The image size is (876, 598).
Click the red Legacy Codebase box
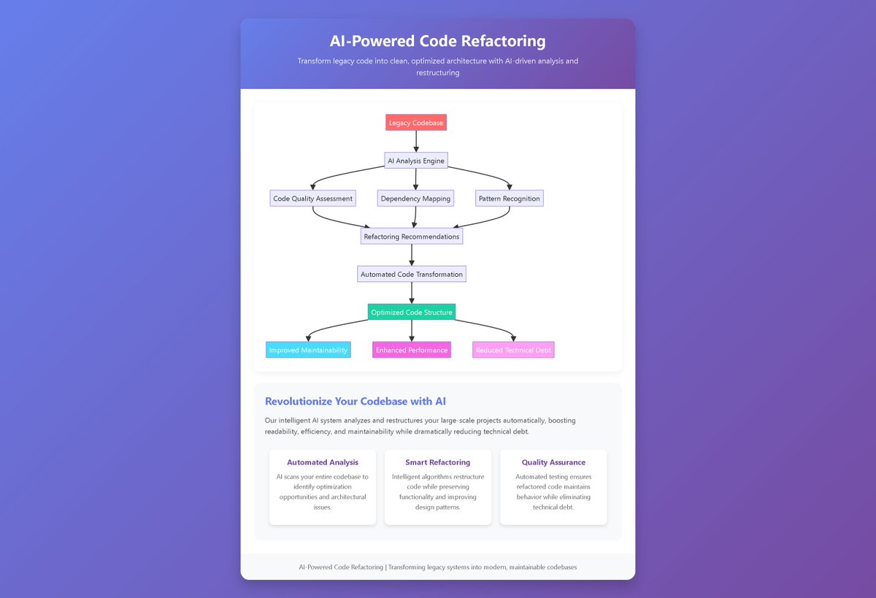[415, 123]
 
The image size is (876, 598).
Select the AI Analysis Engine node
[415, 161]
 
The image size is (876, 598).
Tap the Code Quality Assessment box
[312, 199]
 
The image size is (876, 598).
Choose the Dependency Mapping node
[415, 199]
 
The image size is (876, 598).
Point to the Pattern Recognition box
[510, 199]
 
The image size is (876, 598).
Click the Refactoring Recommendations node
[412, 237]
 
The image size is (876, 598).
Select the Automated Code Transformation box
[412, 275]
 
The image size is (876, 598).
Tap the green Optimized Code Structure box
[412, 313]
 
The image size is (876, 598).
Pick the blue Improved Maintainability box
[308, 350]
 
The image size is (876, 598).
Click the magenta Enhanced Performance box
[412, 350]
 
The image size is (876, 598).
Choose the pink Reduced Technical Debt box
[513, 350]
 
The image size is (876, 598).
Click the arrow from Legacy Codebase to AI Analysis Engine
[416, 142]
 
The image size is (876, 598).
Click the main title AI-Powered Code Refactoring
[437, 42]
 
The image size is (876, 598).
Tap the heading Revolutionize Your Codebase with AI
[356, 402]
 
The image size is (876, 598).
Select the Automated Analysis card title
[323, 462]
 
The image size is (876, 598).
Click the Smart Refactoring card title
[438, 462]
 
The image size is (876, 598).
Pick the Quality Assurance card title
[553, 462]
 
